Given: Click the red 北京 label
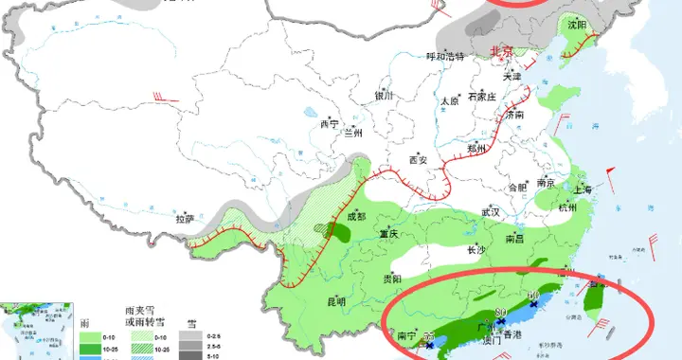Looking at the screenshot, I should (x=500, y=51).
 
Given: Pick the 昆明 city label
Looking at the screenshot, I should (x=336, y=302).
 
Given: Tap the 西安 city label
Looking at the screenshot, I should (x=418, y=160).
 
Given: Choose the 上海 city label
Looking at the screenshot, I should (x=582, y=189).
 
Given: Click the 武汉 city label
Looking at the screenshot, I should (x=490, y=212).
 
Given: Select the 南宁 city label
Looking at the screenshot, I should (x=406, y=334).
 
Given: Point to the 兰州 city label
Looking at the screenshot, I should (x=354, y=132).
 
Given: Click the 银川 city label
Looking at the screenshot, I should (x=383, y=96).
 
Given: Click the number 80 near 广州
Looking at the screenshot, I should (x=501, y=314).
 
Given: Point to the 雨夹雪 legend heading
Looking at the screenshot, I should (x=139, y=310).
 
